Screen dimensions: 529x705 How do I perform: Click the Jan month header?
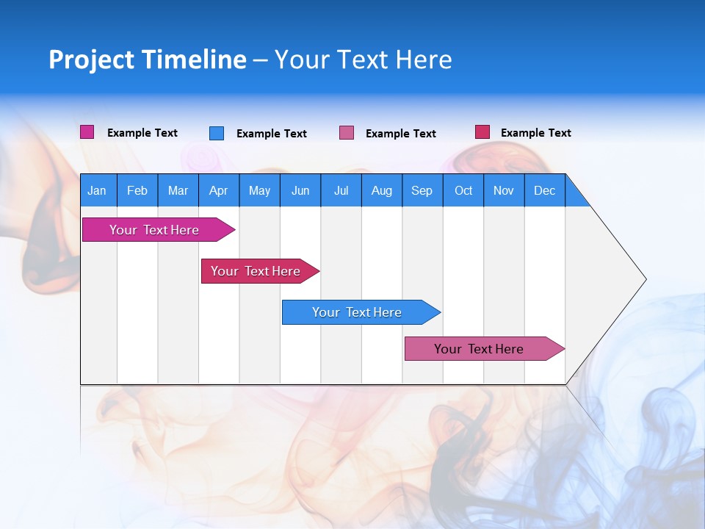tap(97, 190)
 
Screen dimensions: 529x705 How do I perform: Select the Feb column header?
tap(137, 190)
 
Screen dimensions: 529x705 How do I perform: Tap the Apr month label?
tap(218, 190)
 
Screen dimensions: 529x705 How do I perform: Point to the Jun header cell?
tap(300, 190)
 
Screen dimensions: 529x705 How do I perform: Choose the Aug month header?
tap(381, 190)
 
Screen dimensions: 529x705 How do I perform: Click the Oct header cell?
tap(463, 190)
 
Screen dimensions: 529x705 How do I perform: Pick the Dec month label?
tap(544, 190)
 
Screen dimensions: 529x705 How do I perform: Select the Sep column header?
tap(422, 190)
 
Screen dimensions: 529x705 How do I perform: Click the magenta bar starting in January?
tap(154, 230)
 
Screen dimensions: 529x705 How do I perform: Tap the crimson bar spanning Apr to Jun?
tap(256, 271)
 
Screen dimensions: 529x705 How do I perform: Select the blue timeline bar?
tap(357, 312)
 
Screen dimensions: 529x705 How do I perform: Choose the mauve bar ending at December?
tap(479, 349)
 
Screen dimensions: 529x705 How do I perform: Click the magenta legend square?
tap(87, 132)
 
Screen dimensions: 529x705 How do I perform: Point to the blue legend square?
tap(217, 133)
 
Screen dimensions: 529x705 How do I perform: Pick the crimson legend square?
tap(482, 132)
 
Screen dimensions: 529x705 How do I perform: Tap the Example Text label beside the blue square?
tap(271, 134)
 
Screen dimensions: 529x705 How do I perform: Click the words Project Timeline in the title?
tap(147, 60)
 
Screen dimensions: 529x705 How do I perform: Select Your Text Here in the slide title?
tap(363, 60)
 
